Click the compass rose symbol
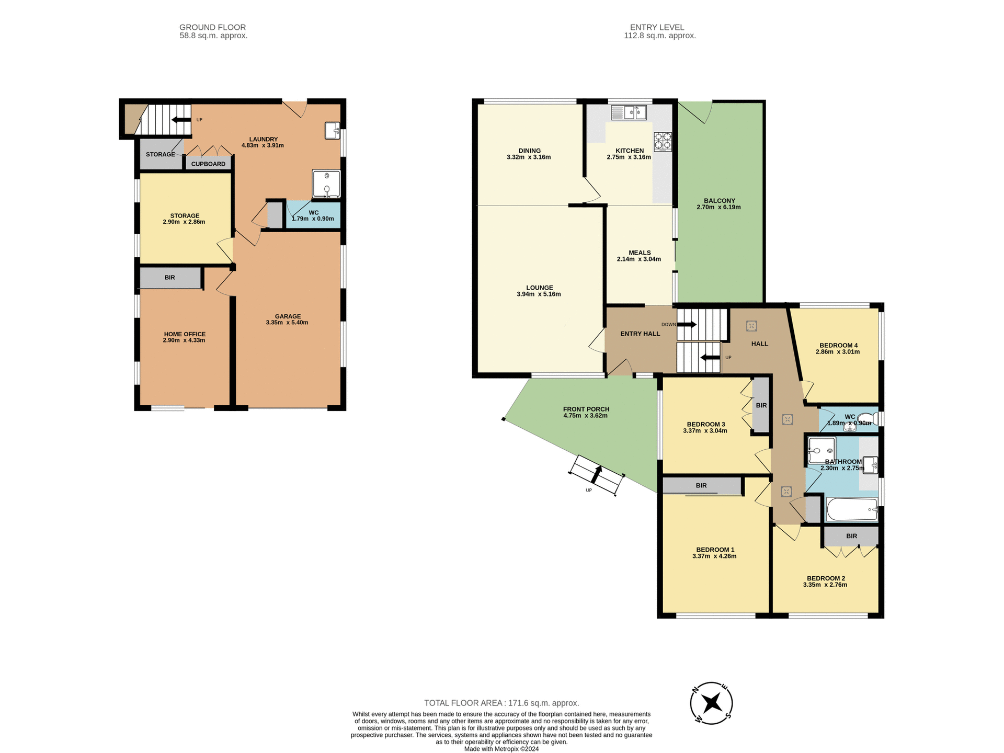[711, 703]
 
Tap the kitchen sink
[629, 112]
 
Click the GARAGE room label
[288, 316]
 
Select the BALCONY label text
[719, 201]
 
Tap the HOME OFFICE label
[185, 334]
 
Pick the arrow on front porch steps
[596, 474]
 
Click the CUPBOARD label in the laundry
[208, 164]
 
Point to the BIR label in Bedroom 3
[761, 405]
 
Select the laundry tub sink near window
[332, 130]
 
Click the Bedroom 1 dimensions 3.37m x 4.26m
[714, 556]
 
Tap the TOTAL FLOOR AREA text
[501, 703]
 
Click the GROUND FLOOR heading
[212, 27]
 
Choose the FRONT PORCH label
[586, 409]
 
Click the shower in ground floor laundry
[326, 184]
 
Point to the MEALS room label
[640, 253]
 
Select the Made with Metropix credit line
[501, 749]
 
